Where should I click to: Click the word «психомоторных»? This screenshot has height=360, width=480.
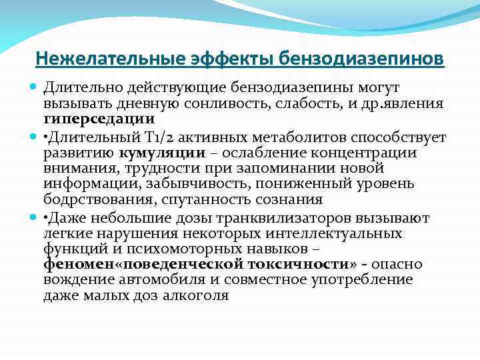tap(185, 249)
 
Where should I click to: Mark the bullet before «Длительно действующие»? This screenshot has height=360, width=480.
tap(34, 88)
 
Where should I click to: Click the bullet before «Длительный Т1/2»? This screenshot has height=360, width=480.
tap(34, 137)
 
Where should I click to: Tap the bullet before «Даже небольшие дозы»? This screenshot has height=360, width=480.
tap(34, 217)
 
